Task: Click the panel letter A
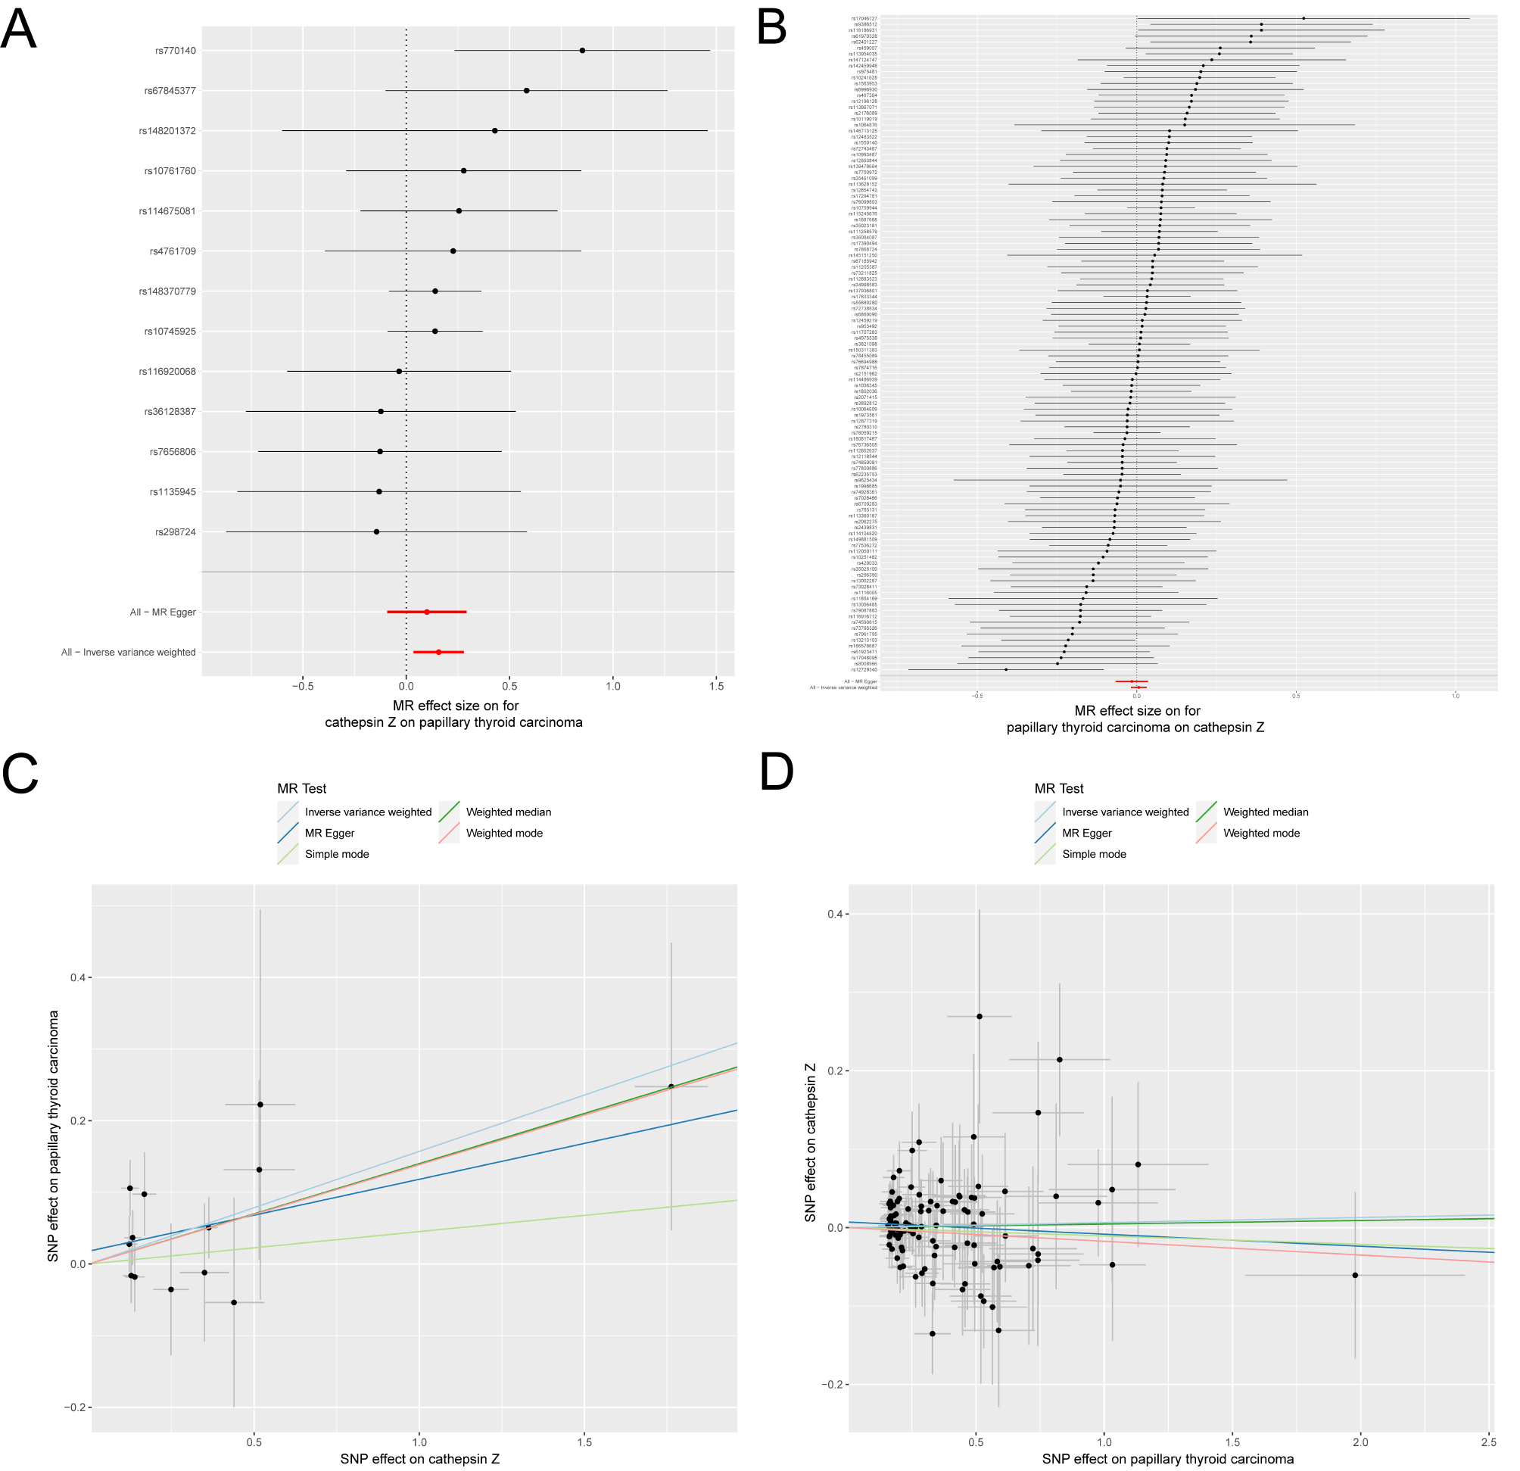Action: click(19, 30)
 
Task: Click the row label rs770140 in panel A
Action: click(176, 51)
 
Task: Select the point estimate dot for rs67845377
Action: click(527, 91)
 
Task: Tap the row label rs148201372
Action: click(167, 131)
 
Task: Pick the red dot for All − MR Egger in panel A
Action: click(426, 612)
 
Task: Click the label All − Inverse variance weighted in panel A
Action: click(129, 653)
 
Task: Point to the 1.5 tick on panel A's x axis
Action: click(717, 686)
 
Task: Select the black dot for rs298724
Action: click(376, 532)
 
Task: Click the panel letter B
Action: click(771, 30)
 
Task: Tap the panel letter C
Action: click(20, 773)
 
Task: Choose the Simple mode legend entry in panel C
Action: click(337, 855)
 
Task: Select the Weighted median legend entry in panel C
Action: click(508, 812)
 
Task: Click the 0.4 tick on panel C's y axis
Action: click(76, 978)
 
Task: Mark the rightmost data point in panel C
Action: click(671, 1086)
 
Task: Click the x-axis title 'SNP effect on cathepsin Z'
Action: click(419, 1459)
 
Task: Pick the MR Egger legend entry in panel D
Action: click(1086, 834)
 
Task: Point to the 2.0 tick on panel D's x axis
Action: click(1360, 1442)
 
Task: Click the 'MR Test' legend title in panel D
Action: click(1058, 789)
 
